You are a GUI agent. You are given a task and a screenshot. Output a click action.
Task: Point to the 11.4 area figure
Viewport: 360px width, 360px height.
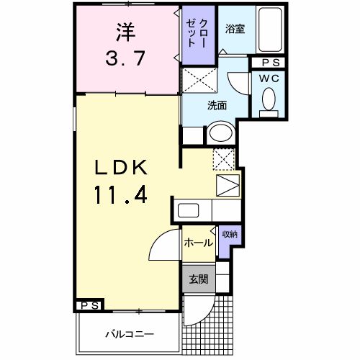pyautogui.click(x=121, y=194)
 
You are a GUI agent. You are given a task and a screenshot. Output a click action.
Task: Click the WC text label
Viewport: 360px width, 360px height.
pyautogui.click(x=269, y=77)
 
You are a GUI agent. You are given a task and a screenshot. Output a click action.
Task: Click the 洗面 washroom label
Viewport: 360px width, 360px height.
pyautogui.click(x=217, y=105)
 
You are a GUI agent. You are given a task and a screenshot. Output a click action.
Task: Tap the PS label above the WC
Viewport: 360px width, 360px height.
pyautogui.click(x=269, y=63)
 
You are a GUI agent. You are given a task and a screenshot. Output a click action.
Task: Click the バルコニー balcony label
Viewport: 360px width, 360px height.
pyautogui.click(x=129, y=335)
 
